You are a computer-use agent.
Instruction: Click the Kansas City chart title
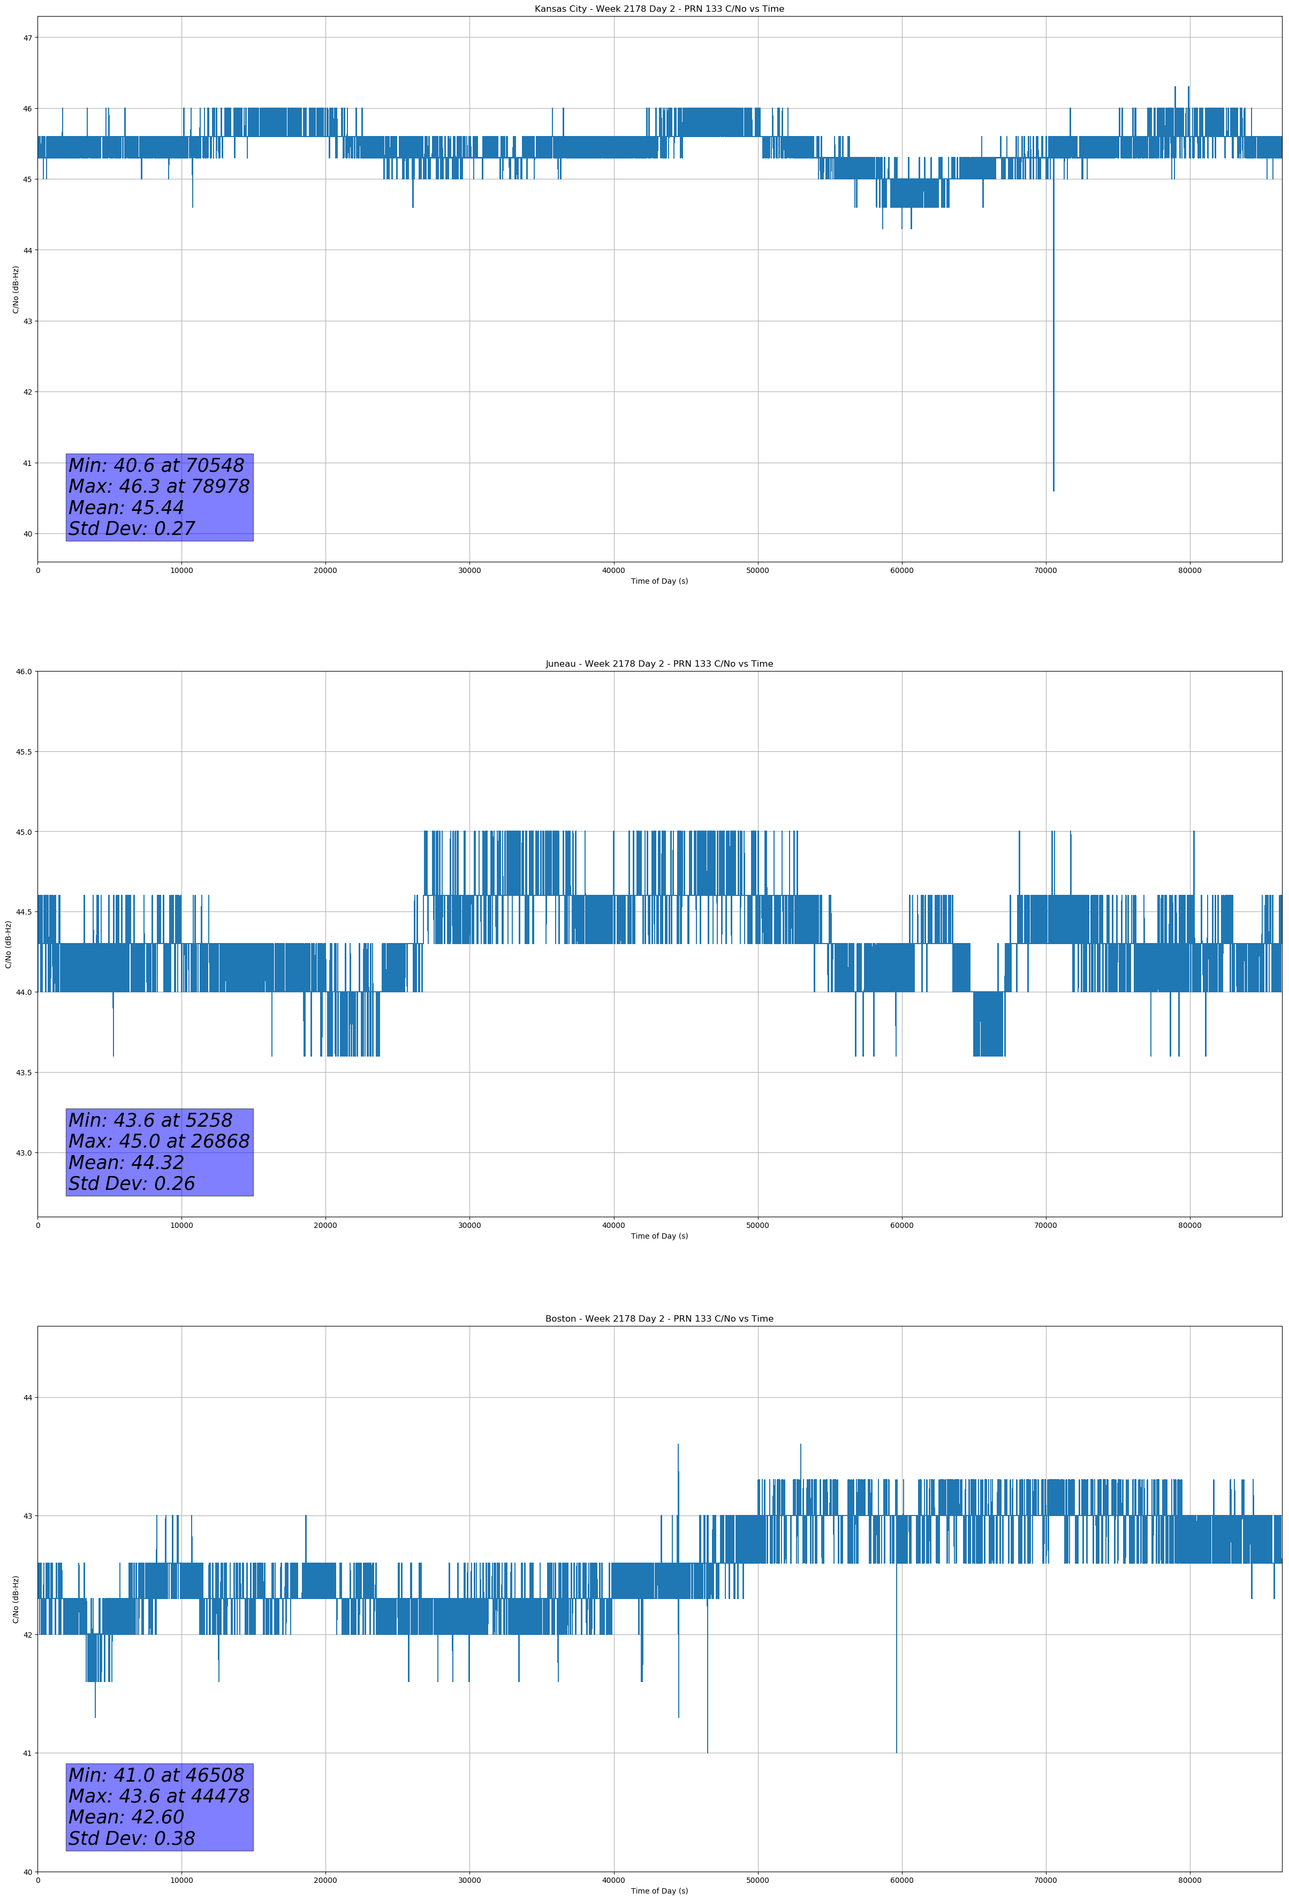tap(659, 9)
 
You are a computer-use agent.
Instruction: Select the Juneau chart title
tap(659, 664)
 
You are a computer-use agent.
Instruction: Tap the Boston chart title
tap(659, 1319)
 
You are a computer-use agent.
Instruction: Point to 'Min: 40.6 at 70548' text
tap(156, 465)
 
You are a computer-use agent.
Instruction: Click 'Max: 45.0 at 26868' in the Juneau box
tap(158, 1141)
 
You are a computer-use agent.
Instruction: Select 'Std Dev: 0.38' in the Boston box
tap(132, 1838)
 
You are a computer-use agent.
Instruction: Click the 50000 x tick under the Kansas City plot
tap(757, 571)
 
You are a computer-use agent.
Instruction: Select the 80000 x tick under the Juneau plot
tap(1189, 1225)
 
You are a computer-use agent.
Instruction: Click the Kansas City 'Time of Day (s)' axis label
tap(659, 581)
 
